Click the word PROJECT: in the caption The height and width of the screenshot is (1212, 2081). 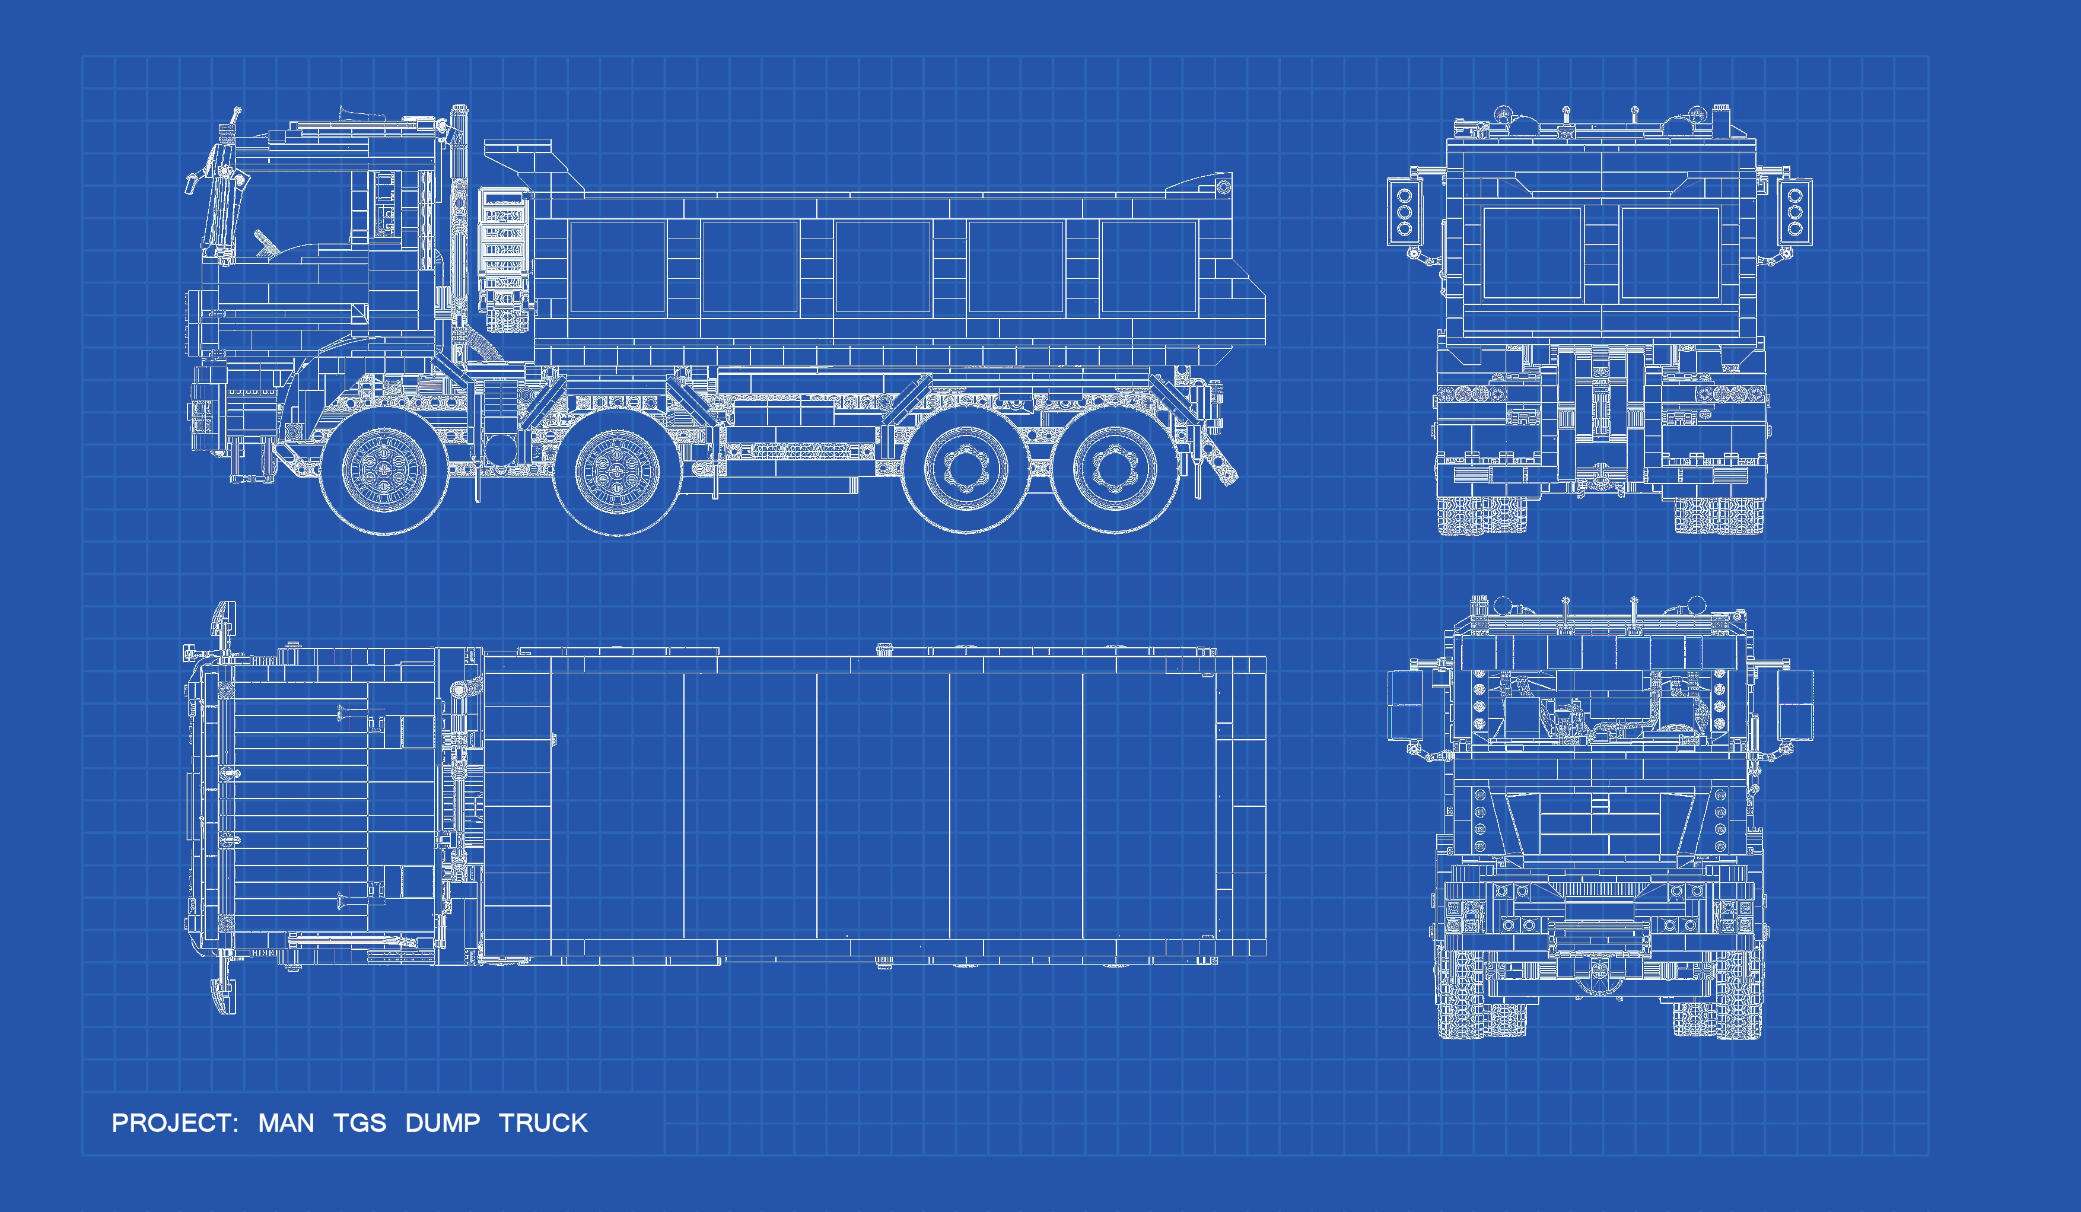click(x=175, y=1123)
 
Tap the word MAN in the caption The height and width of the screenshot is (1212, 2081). click(x=286, y=1123)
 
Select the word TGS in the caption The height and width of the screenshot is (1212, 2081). click(x=360, y=1123)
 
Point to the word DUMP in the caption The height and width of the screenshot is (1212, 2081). click(x=443, y=1123)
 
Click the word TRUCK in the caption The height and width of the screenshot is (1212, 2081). click(x=543, y=1123)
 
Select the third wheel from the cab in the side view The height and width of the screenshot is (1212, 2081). click(x=964, y=469)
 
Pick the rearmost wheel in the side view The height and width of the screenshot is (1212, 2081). click(x=1114, y=469)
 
